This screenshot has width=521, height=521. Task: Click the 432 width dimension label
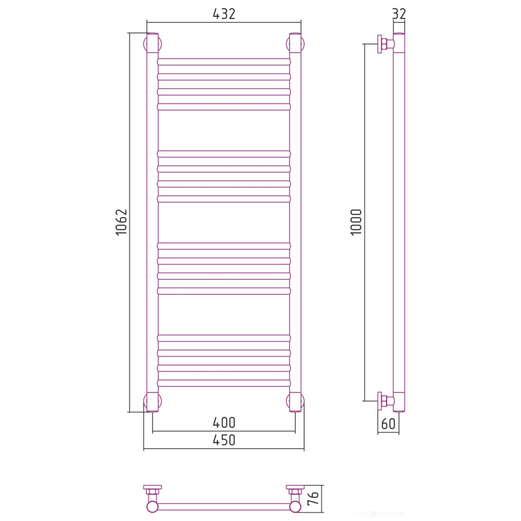point(224,14)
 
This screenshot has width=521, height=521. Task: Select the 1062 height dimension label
point(121,222)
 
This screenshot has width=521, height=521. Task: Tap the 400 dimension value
point(224,423)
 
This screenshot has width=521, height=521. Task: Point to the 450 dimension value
point(224,440)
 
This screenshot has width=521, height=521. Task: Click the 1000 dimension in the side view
point(356,222)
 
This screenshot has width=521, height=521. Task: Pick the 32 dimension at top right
point(399,14)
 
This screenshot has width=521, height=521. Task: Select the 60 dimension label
point(389,424)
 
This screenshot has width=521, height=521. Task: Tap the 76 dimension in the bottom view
point(313,499)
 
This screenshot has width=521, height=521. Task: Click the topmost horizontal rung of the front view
point(224,62)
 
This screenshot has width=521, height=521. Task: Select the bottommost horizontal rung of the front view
point(224,383)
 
